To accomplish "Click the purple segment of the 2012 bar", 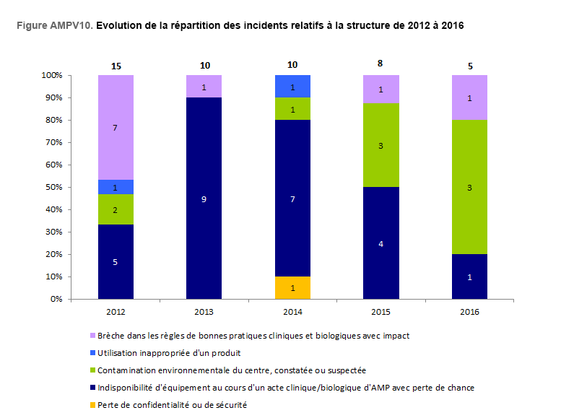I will click(116, 127).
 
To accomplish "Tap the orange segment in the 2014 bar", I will click(292, 287).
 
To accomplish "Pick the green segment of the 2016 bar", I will click(470, 187).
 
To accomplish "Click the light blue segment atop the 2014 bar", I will click(292, 86).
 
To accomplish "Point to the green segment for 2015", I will click(381, 145).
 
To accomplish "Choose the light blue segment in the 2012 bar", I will click(116, 187).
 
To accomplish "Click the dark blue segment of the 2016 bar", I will click(470, 277).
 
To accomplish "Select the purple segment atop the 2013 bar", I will click(204, 86).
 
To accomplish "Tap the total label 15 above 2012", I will click(116, 66).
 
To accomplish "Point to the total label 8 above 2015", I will click(381, 63).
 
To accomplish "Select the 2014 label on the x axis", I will click(292, 311).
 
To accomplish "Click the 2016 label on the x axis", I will click(470, 311).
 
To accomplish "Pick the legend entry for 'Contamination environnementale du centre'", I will click(230, 370).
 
